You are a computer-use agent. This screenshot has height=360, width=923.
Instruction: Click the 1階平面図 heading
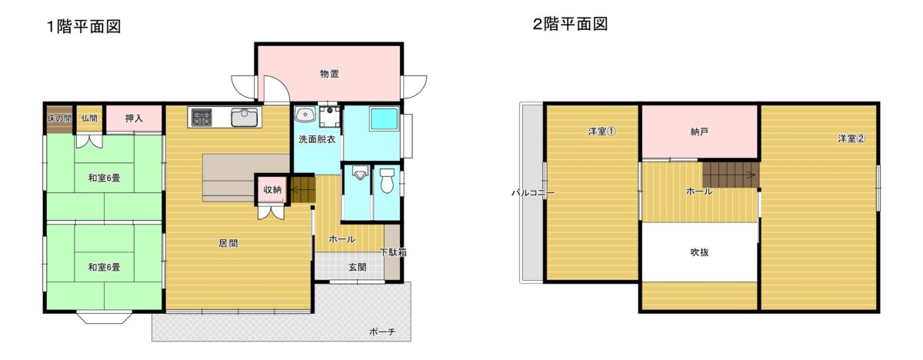pyautogui.click(x=84, y=26)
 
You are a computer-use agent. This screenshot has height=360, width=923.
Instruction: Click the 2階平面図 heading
pyautogui.click(x=570, y=24)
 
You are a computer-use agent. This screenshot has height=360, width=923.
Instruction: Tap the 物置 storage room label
pyautogui.click(x=329, y=74)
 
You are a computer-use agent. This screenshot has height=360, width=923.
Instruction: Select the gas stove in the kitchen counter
pyautogui.click(x=202, y=117)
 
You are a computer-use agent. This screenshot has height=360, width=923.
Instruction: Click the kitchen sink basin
pyautogui.click(x=244, y=118)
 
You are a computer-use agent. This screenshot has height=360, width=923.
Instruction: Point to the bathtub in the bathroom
pyautogui.click(x=384, y=119)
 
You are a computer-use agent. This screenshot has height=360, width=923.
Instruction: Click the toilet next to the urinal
pyautogui.click(x=387, y=181)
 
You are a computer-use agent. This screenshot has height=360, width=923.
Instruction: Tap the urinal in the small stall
pyautogui.click(x=360, y=174)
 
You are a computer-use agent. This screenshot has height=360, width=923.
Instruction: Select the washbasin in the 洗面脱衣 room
pyautogui.click(x=305, y=114)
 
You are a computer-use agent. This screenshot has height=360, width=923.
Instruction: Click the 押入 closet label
pyautogui.click(x=134, y=118)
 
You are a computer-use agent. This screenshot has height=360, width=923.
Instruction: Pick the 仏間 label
pyautogui.click(x=89, y=118)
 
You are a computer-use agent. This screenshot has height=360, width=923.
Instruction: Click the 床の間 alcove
pyautogui.click(x=59, y=119)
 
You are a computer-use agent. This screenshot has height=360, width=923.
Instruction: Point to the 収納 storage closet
pyautogui.click(x=272, y=189)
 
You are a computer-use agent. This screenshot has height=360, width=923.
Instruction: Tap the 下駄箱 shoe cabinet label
pyautogui.click(x=393, y=252)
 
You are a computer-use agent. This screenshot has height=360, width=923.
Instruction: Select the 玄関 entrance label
pyautogui.click(x=357, y=267)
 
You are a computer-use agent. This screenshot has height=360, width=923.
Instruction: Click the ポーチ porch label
pyautogui.click(x=382, y=332)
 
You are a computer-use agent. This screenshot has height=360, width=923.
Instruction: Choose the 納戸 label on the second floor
pyautogui.click(x=699, y=132)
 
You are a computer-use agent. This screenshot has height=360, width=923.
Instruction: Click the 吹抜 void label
pyautogui.click(x=699, y=252)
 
